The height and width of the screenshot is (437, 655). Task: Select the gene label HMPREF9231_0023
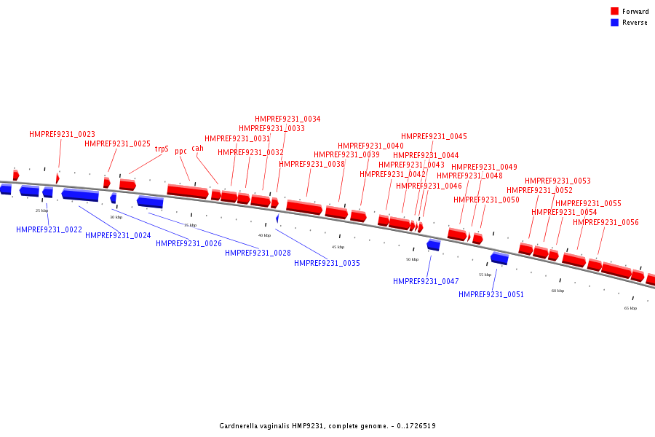tap(62, 134)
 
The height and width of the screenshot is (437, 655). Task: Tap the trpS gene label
tap(162, 149)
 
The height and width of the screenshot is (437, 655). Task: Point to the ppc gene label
tap(180, 151)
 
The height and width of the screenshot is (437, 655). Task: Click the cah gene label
tap(198, 148)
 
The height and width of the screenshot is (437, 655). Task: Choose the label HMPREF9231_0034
tap(287, 119)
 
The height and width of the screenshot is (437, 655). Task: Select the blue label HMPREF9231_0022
tap(49, 229)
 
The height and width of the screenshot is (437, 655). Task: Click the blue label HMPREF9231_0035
tap(327, 263)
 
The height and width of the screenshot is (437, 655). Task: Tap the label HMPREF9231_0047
tap(426, 281)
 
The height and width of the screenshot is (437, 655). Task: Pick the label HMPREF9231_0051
tap(491, 294)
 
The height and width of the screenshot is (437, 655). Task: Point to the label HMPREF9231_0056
tap(606, 222)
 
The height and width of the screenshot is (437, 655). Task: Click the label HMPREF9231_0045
tap(434, 136)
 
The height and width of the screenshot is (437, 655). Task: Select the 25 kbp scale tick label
tap(41, 210)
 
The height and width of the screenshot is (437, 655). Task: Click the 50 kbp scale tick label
tap(412, 259)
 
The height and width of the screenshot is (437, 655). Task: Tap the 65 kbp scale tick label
tap(630, 308)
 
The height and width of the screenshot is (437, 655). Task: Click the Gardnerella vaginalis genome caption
tap(327, 425)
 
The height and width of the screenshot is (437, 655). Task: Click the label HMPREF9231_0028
tap(258, 253)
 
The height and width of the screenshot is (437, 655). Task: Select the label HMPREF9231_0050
tap(486, 200)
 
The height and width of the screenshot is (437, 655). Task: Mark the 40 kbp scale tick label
tap(264, 235)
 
